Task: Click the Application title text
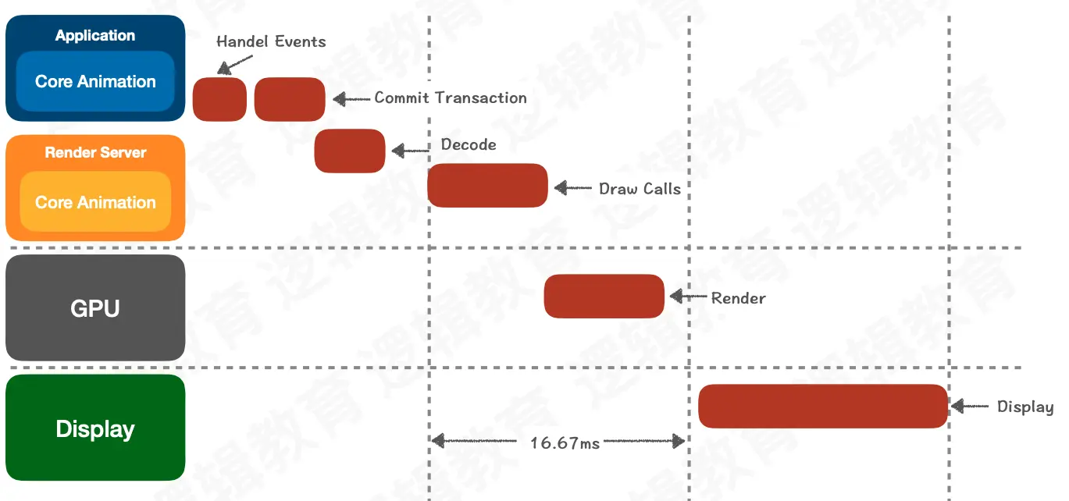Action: point(95,36)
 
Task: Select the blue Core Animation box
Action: point(95,81)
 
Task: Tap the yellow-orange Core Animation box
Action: point(95,202)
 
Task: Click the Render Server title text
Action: point(95,152)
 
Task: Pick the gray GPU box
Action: point(95,308)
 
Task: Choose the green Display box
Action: point(95,428)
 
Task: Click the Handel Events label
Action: point(271,41)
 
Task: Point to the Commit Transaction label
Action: point(451,98)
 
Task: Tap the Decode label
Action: point(469,144)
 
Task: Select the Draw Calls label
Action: point(640,189)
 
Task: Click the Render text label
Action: point(738,298)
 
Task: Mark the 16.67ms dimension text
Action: point(565,443)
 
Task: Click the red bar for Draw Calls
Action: point(487,186)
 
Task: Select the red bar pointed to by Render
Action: point(604,297)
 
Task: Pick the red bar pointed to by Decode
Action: point(350,151)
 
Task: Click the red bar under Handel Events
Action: point(219,99)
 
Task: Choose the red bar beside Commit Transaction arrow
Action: point(290,99)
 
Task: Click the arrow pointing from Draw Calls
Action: point(573,188)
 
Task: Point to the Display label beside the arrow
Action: point(1025,407)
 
